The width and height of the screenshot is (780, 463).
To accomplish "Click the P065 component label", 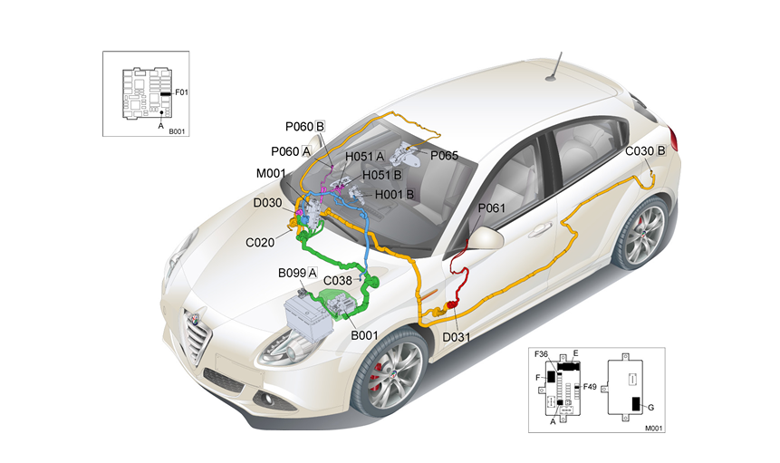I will (444, 155).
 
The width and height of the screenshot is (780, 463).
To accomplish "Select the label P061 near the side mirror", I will (491, 208).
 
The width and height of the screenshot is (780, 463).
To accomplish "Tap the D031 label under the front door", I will (457, 338).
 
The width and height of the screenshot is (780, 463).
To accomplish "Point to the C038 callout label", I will (338, 281).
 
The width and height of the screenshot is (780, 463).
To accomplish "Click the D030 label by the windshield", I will (267, 203).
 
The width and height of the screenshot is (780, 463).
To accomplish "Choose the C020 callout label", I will (261, 243).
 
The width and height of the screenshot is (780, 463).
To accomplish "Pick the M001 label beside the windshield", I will (271, 174).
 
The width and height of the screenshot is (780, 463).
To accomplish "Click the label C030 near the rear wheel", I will (644, 150).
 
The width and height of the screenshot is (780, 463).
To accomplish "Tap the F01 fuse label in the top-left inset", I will (181, 92).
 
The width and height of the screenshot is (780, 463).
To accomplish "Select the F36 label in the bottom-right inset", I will (543, 352).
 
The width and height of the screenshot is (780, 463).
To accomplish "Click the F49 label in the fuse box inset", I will (590, 387).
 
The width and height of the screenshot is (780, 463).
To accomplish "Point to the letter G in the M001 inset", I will (650, 408).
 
